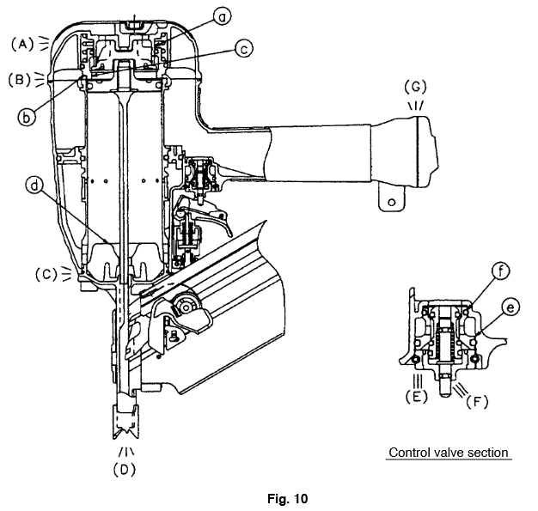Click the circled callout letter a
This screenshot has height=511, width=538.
222,16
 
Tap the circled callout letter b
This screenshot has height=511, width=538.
27,118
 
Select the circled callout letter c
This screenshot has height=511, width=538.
244,49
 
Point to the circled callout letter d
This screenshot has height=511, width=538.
34,186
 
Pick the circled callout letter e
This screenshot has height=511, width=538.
510,307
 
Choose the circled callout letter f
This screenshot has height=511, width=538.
501,271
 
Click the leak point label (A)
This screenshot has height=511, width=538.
22,45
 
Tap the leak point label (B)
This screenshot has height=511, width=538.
20,80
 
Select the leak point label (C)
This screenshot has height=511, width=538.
46,274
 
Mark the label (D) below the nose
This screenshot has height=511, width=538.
125,469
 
